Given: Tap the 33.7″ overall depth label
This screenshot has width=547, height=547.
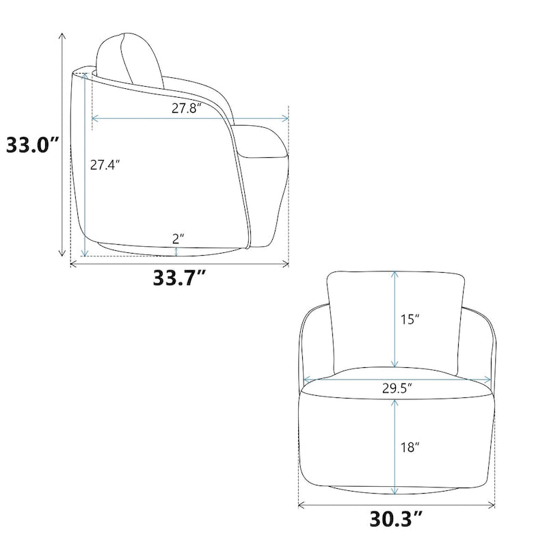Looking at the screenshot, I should click(180, 279).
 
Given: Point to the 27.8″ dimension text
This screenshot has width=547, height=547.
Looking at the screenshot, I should click(185, 108).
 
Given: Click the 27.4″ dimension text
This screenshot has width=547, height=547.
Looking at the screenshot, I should click(105, 165).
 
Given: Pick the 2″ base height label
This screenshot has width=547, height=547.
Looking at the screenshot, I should click(178, 238).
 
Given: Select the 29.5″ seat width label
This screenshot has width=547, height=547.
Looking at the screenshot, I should click(397, 388).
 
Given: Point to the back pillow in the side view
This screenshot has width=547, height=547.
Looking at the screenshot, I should click(130, 58).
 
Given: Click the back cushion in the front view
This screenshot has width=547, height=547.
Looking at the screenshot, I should click(362, 321).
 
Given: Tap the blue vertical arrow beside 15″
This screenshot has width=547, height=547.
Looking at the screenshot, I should click(395, 319).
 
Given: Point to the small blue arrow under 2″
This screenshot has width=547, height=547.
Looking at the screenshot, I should click(177, 252).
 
